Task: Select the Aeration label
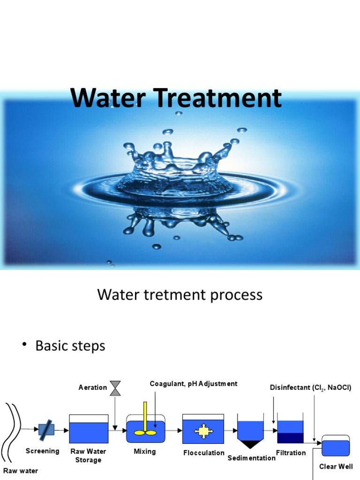coord(93,388)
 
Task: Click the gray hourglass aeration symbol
coord(115,388)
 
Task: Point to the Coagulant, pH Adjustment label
coord(193,384)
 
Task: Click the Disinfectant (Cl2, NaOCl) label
coord(310,388)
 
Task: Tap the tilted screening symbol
coord(46,429)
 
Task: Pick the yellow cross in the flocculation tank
coord(203,432)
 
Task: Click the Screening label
coord(43,451)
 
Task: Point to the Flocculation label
coord(203,453)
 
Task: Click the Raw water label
coord(21,471)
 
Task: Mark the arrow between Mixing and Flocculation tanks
coord(173,429)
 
